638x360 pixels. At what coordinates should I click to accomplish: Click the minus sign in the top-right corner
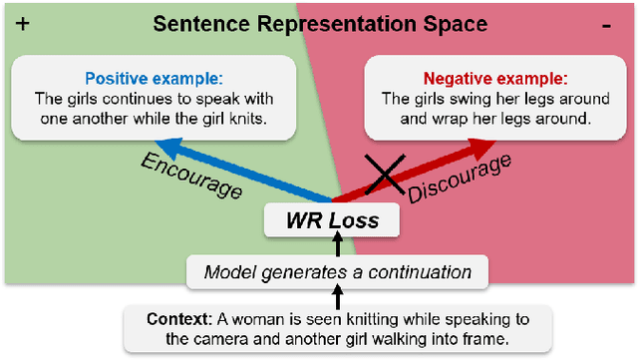606,26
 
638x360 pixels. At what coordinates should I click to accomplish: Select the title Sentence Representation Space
319,24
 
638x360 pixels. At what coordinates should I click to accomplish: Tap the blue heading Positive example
153,78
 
